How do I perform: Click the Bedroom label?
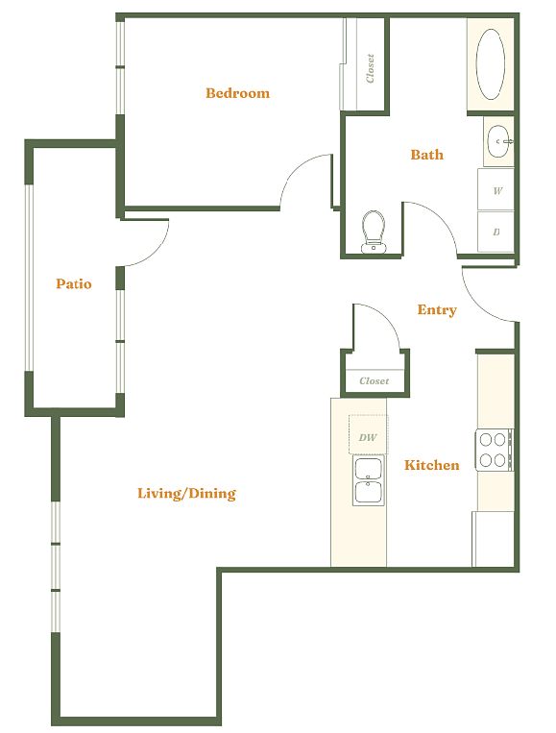(x=237, y=92)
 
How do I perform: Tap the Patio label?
(x=73, y=283)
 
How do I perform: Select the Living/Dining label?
(x=186, y=493)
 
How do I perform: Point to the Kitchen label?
(x=431, y=465)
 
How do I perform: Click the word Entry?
(x=436, y=310)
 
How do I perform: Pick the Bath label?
(x=426, y=155)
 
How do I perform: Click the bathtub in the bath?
(x=490, y=64)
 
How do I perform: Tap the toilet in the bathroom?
(x=374, y=232)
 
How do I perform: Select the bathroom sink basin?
(x=499, y=141)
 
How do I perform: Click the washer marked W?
(x=496, y=189)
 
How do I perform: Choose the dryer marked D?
(x=496, y=232)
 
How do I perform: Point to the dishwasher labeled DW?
(x=368, y=434)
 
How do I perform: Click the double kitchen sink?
(x=368, y=481)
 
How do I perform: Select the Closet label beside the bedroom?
(x=370, y=68)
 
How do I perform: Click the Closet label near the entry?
(x=374, y=381)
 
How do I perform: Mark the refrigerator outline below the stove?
(x=493, y=539)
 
